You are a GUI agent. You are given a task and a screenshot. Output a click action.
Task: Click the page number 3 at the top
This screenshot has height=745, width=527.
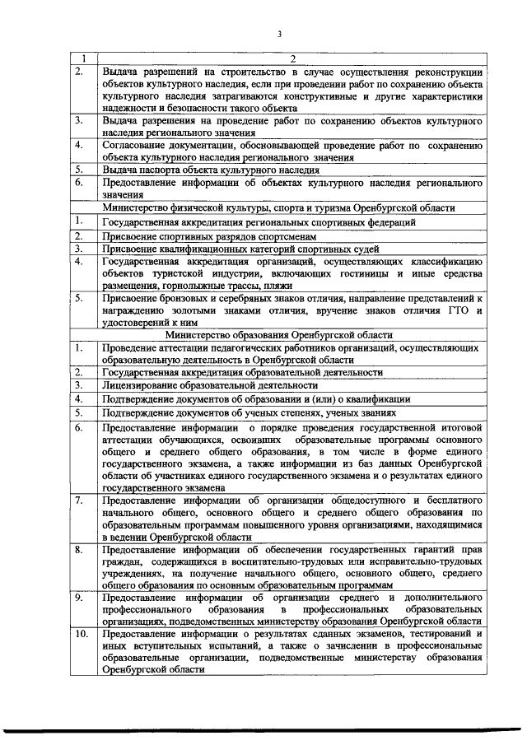click(279, 34)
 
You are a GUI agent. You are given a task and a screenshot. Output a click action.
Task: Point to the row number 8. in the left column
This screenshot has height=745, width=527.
click(80, 549)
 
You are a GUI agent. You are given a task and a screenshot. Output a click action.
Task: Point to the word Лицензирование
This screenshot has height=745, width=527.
click(140, 384)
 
